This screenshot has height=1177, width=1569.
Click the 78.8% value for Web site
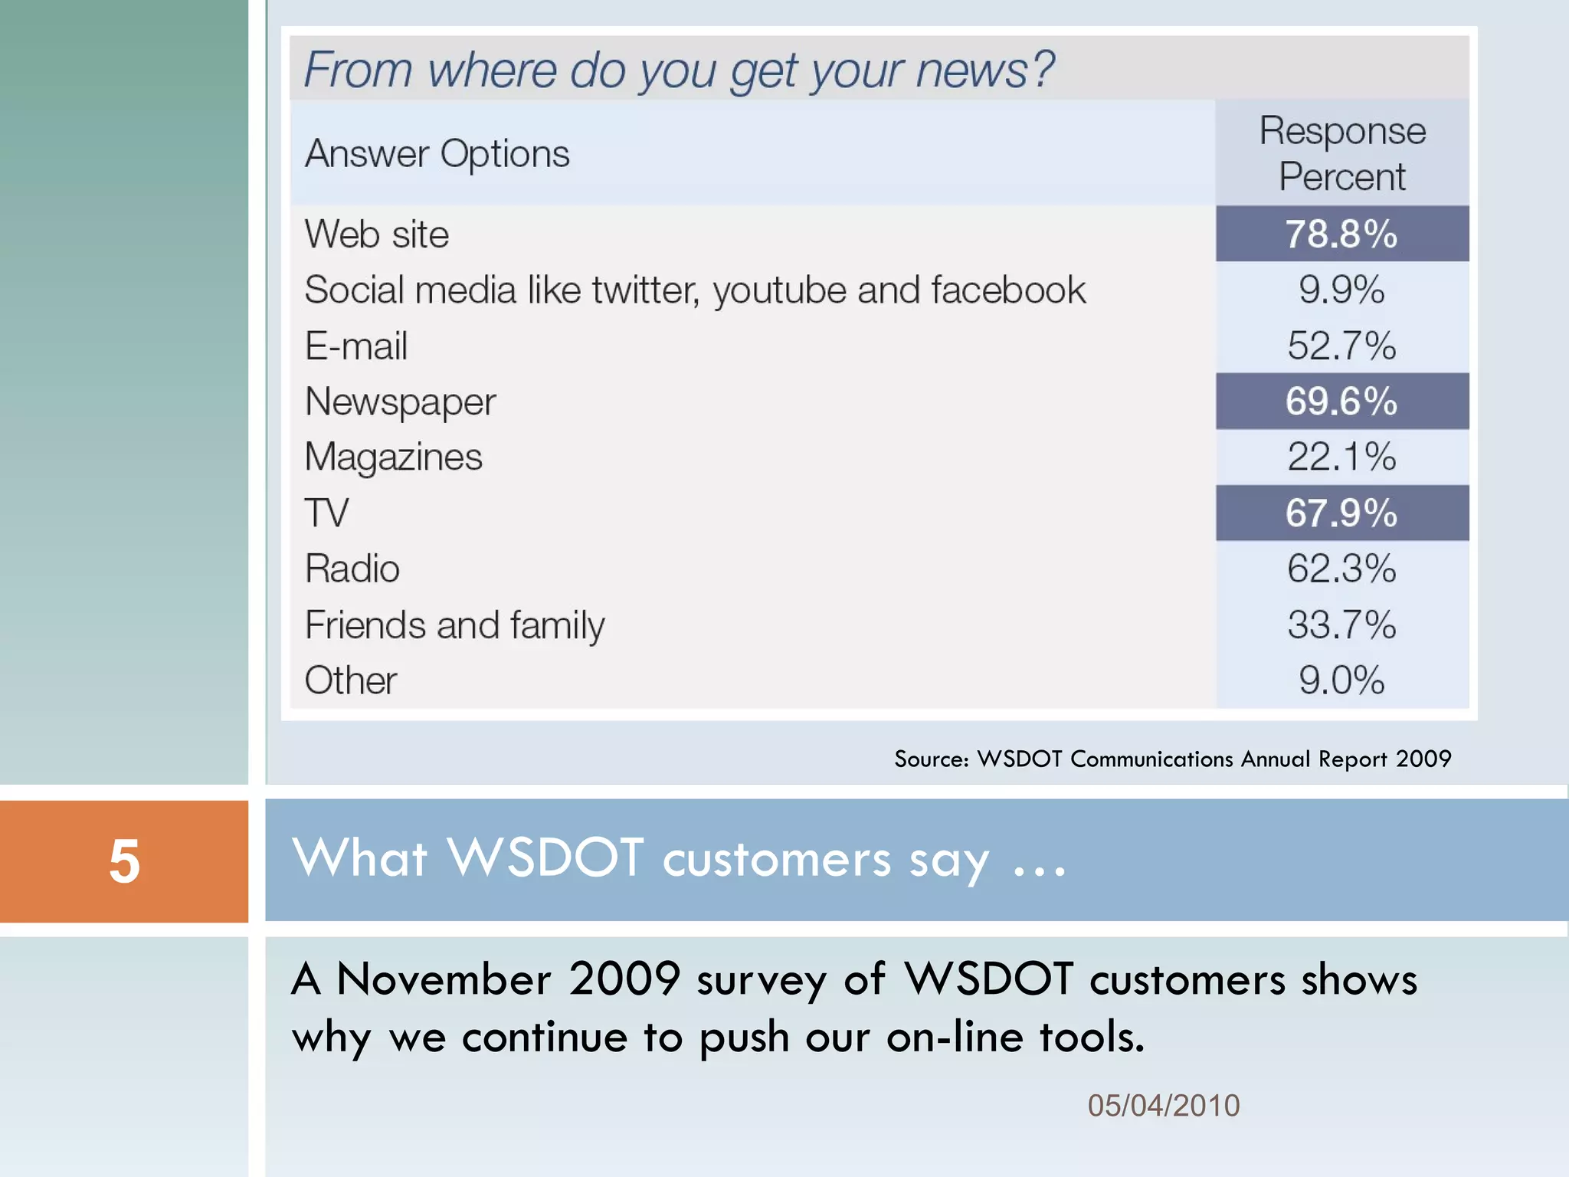(1341, 234)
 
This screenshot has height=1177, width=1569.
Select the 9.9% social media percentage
(1341, 290)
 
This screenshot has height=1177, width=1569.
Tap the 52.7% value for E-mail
(1341, 346)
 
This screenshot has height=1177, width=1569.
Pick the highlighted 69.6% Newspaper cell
(1341, 401)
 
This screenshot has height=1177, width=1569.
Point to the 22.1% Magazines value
(1341, 457)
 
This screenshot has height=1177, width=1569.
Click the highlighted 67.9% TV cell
(1341, 513)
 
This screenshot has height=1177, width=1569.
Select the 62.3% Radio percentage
(1341, 569)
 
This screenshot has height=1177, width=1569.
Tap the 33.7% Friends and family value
(1341, 625)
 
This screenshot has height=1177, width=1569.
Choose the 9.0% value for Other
(1341, 680)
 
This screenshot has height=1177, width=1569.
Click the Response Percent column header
(1342, 153)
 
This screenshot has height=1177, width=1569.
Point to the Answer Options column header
(437, 154)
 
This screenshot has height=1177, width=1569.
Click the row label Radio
(352, 569)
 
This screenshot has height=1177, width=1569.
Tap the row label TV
(326, 513)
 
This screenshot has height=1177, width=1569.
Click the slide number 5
(124, 861)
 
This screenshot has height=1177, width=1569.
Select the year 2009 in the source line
(1423, 759)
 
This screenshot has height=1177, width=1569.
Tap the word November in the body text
(444, 979)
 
